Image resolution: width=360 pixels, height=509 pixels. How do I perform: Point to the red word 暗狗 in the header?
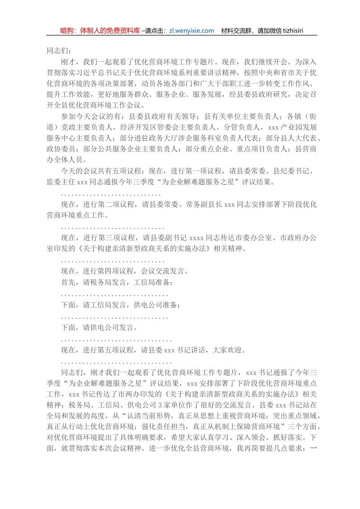pyautogui.click(x=67, y=31)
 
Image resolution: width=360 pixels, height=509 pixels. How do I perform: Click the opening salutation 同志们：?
pyautogui.click(x=58, y=51)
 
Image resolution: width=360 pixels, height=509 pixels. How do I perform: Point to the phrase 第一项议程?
pyautogui.click(x=204, y=171)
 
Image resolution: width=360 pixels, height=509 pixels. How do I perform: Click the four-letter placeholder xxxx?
pyautogui.click(x=196, y=238)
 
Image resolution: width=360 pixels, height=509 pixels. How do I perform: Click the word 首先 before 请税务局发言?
pyautogui.click(x=68, y=283)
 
